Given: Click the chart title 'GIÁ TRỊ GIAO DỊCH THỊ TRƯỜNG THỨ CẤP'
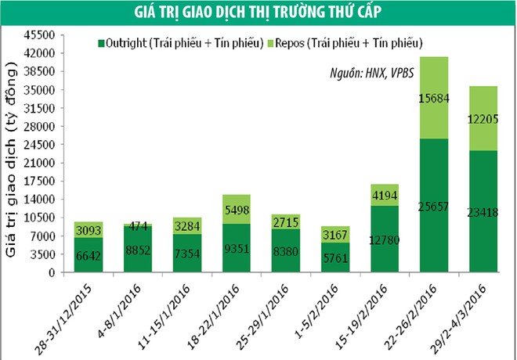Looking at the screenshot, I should [258, 11].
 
